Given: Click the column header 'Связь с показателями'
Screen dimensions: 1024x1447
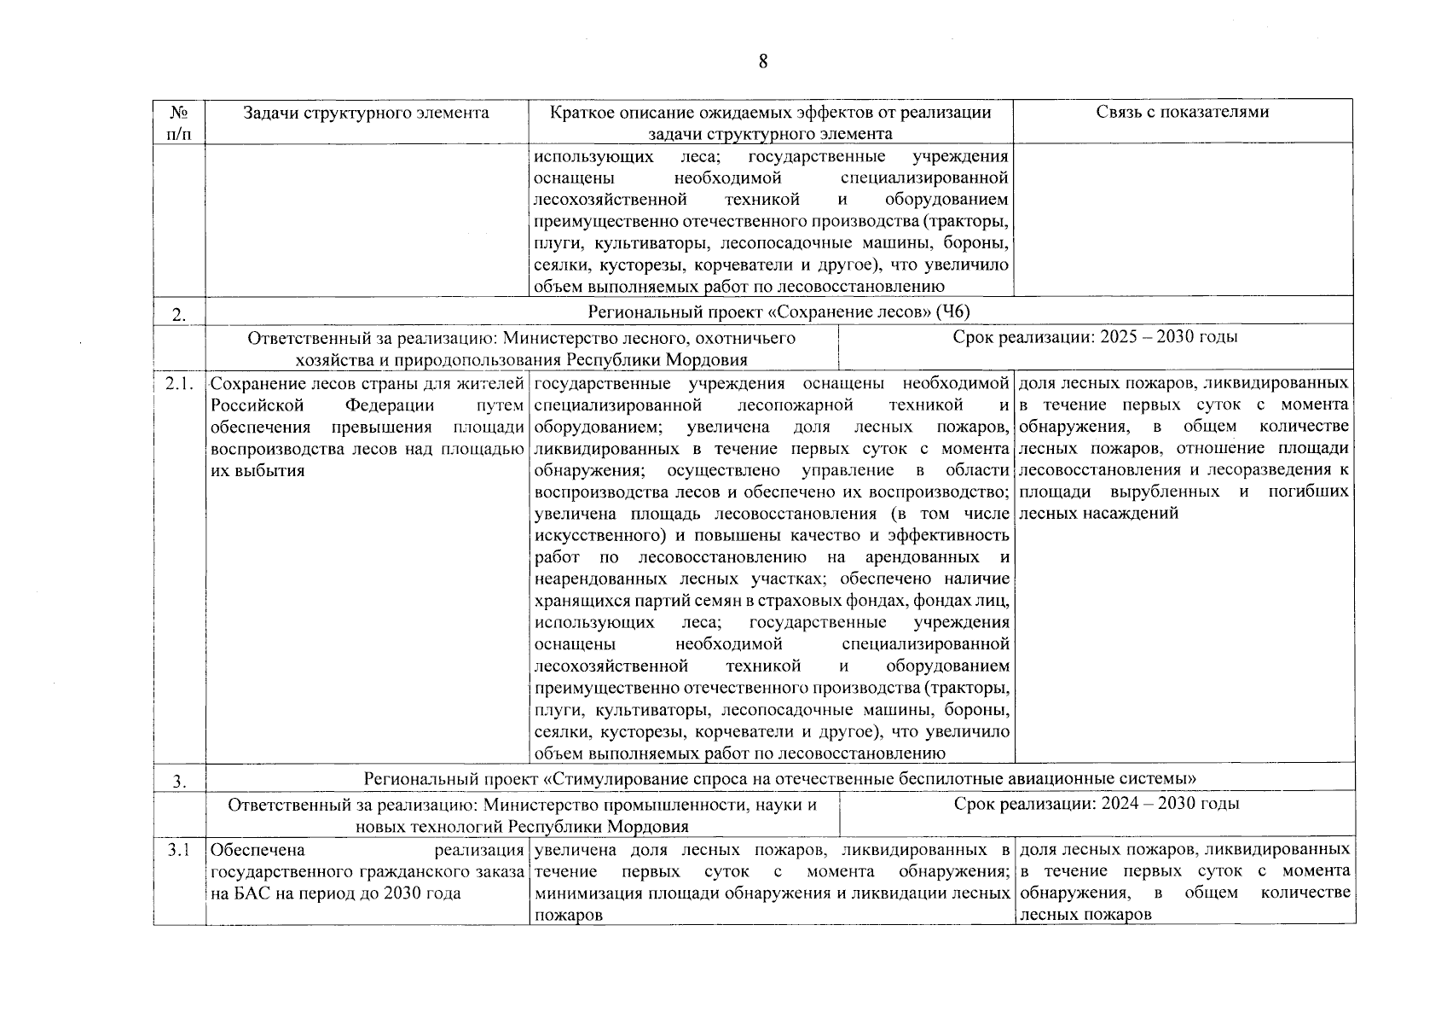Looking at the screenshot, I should click(1182, 113).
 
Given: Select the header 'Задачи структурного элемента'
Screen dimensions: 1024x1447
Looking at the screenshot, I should click(366, 113).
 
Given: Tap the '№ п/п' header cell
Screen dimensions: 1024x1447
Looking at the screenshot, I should click(179, 123).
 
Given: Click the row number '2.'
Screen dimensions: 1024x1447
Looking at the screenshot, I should click(179, 315).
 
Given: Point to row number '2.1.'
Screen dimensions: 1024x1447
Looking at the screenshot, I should click(179, 383).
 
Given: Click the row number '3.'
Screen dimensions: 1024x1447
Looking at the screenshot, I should click(179, 781).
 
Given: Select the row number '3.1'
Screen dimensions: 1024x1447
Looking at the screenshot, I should click(179, 850).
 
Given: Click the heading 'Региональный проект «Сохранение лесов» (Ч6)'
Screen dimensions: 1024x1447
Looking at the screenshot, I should click(779, 311).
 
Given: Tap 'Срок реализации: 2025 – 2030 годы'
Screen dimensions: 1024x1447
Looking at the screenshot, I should click(1096, 337).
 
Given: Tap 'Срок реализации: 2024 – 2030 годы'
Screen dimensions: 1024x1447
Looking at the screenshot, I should click(1097, 804).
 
